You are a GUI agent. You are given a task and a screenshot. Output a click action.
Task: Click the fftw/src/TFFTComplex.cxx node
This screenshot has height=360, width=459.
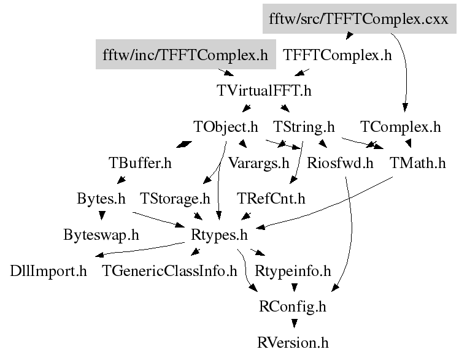pyautogui.click(x=359, y=19)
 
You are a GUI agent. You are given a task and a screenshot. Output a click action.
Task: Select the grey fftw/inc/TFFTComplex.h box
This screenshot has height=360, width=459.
pyautogui.click(x=185, y=55)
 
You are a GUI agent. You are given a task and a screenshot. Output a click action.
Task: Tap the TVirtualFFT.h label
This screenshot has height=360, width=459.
pyautogui.click(x=264, y=90)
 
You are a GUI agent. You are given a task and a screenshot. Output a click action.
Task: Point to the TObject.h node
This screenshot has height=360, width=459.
pyautogui.click(x=225, y=127)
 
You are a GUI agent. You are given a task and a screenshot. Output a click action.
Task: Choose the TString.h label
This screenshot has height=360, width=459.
pyautogui.click(x=304, y=127)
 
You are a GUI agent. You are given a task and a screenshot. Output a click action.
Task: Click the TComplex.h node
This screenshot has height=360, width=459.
pyautogui.click(x=400, y=127)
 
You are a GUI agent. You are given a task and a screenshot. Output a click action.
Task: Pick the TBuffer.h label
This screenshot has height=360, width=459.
pyautogui.click(x=140, y=163)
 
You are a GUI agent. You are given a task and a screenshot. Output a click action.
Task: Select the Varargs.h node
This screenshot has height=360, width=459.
pyautogui.click(x=258, y=163)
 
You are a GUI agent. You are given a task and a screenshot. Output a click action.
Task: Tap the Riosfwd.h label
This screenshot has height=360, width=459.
pyautogui.click(x=340, y=163)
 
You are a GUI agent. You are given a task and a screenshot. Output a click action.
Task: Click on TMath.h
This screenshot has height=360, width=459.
pyautogui.click(x=418, y=163)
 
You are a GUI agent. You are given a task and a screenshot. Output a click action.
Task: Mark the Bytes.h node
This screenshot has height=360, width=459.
pyautogui.click(x=101, y=199)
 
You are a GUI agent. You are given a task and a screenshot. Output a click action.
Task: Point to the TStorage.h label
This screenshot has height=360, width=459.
pyautogui.click(x=175, y=199)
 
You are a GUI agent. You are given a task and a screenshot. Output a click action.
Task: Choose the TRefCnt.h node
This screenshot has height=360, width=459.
pyautogui.click(x=271, y=199)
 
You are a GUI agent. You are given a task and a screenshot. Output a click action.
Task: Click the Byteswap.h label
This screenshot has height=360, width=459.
pyautogui.click(x=101, y=235)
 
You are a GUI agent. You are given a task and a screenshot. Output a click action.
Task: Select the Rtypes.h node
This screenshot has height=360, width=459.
pyautogui.click(x=219, y=235)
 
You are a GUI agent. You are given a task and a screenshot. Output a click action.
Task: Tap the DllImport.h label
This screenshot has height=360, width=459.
pyautogui.click(x=48, y=271)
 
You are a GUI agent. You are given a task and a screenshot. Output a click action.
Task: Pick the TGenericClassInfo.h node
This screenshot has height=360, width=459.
pyautogui.click(x=169, y=271)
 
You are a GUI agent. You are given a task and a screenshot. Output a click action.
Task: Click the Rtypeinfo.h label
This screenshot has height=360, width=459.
pyautogui.click(x=293, y=271)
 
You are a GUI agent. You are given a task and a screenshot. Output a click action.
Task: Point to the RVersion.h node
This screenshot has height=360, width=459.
pyautogui.click(x=293, y=343)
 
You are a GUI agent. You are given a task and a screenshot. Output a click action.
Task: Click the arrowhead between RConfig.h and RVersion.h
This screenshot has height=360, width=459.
pyautogui.click(x=294, y=323)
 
